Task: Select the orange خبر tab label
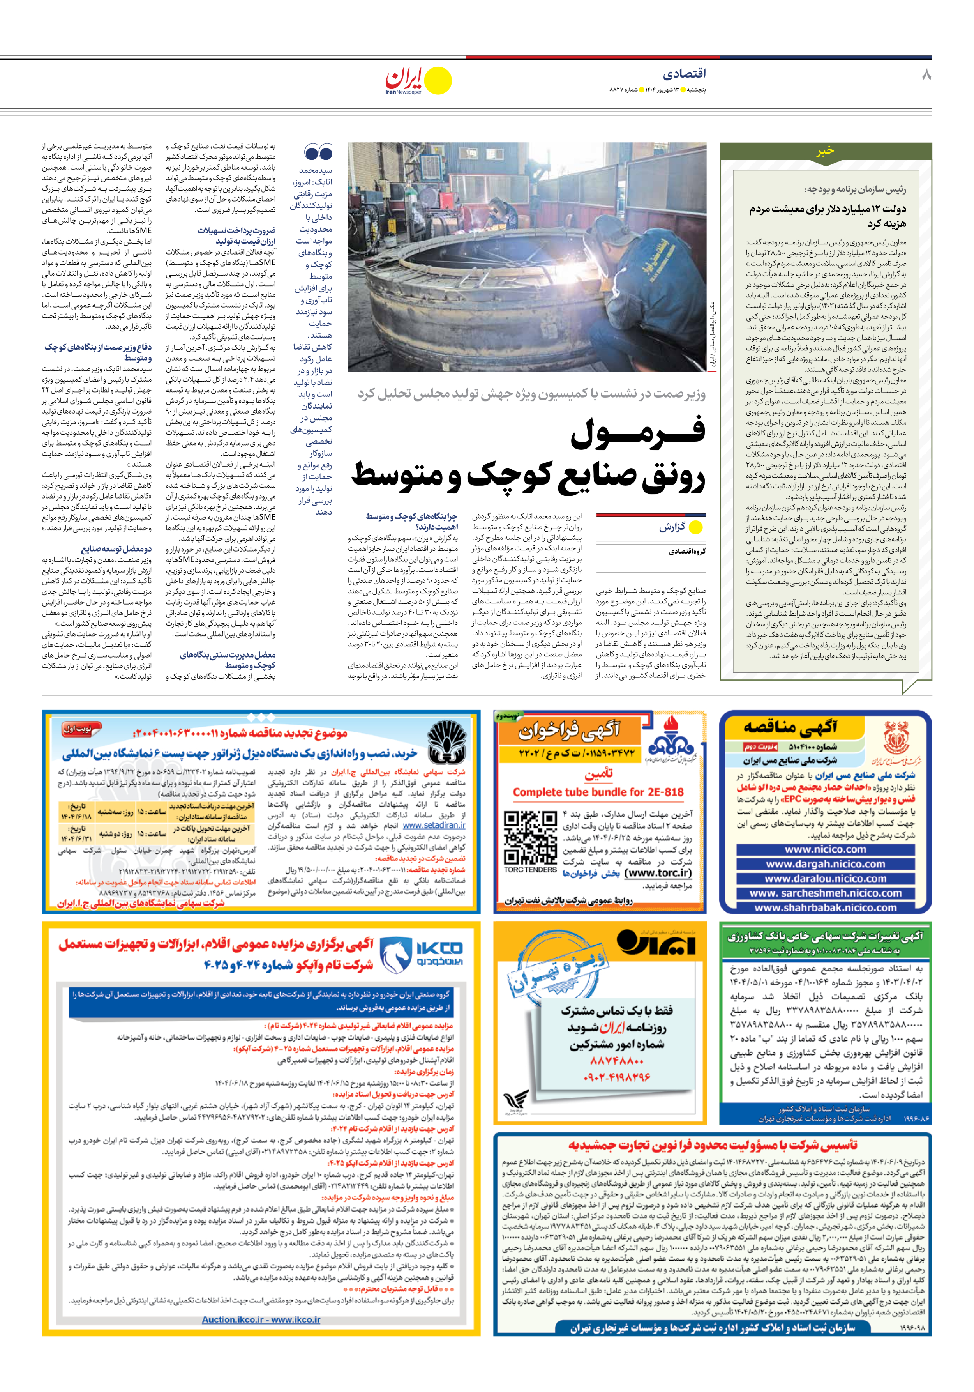pyautogui.click(x=825, y=151)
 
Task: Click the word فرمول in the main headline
pyautogui.click(x=638, y=432)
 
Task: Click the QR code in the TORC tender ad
pyautogui.click(x=530, y=837)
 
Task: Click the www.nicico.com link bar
pyautogui.click(x=825, y=849)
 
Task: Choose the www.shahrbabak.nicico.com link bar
pyautogui.click(x=825, y=907)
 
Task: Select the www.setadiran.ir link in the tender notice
pyautogui.click(x=434, y=825)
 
